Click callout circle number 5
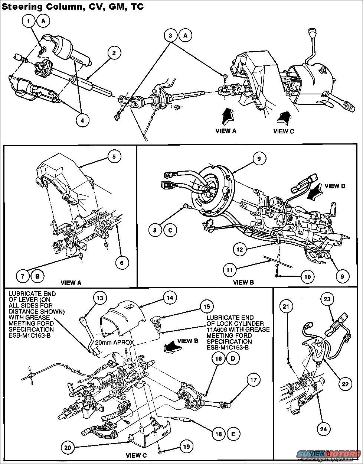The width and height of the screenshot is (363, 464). click(114, 157)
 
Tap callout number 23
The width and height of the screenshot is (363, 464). click(328, 299)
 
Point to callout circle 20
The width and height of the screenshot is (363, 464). click(68, 448)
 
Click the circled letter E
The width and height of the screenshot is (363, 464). click(233, 433)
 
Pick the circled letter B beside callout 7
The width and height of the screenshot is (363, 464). click(37, 276)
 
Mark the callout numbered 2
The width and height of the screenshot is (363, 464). click(114, 53)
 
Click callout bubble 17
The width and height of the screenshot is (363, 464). click(254, 380)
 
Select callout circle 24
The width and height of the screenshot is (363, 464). click(323, 429)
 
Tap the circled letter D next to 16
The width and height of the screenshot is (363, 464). click(233, 358)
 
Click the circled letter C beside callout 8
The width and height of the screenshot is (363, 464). click(170, 230)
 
